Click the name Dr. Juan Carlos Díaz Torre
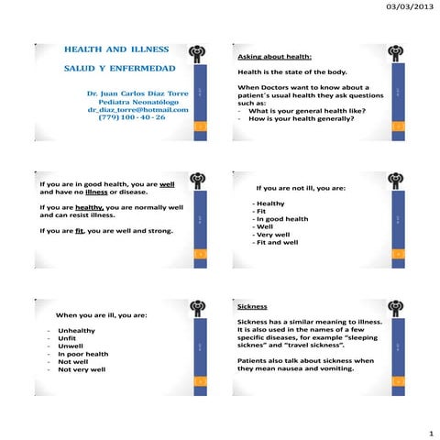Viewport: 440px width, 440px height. coord(137,93)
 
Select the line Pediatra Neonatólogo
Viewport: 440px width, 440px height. coord(137,101)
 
